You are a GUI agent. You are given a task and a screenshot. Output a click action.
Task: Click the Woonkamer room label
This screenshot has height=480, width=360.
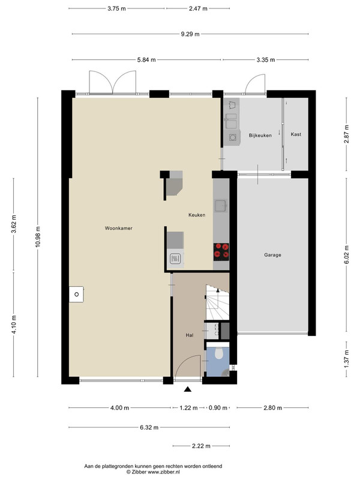tap(118, 228)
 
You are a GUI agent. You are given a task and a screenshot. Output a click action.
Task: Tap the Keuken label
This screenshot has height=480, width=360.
tap(197, 215)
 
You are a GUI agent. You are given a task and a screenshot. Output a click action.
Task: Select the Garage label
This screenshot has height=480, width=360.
tap(272, 254)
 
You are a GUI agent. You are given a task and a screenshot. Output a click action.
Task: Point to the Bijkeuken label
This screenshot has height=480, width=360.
tap(260, 136)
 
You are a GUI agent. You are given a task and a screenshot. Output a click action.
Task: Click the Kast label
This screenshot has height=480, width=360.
tap(296, 134)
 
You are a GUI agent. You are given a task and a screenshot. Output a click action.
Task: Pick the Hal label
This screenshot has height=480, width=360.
tap(190, 335)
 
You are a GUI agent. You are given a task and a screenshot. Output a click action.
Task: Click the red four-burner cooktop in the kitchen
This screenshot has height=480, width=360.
tap(221, 251)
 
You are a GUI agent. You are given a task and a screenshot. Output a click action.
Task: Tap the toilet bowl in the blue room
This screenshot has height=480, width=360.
tap(218, 353)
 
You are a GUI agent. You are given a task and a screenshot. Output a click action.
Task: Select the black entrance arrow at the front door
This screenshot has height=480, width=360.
tap(188, 389)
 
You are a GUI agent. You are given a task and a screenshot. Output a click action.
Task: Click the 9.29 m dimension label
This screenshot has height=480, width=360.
tap(190, 34)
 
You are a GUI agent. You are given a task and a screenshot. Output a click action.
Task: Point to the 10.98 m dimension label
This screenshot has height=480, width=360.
tap(38, 236)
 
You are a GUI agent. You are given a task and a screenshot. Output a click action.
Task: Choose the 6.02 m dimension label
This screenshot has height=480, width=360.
tap(346, 254)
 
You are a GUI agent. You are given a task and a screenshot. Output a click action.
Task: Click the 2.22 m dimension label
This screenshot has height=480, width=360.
tap(201, 446)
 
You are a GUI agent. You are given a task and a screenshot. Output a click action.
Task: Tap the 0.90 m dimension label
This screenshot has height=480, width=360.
tap(218, 408)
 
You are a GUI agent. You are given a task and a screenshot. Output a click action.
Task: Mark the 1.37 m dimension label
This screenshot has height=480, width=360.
tap(346, 359)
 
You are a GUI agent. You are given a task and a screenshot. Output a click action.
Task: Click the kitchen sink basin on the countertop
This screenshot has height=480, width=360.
tap(220, 206)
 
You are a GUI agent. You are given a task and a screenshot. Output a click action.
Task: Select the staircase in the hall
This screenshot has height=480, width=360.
tap(217, 302)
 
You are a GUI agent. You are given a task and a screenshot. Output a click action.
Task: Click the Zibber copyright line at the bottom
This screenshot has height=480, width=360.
tap(154, 472)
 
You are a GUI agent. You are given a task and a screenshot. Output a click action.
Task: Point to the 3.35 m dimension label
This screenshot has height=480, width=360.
tap(265, 59)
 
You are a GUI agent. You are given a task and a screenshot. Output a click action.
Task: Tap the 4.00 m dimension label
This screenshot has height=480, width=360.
tap(119, 408)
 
